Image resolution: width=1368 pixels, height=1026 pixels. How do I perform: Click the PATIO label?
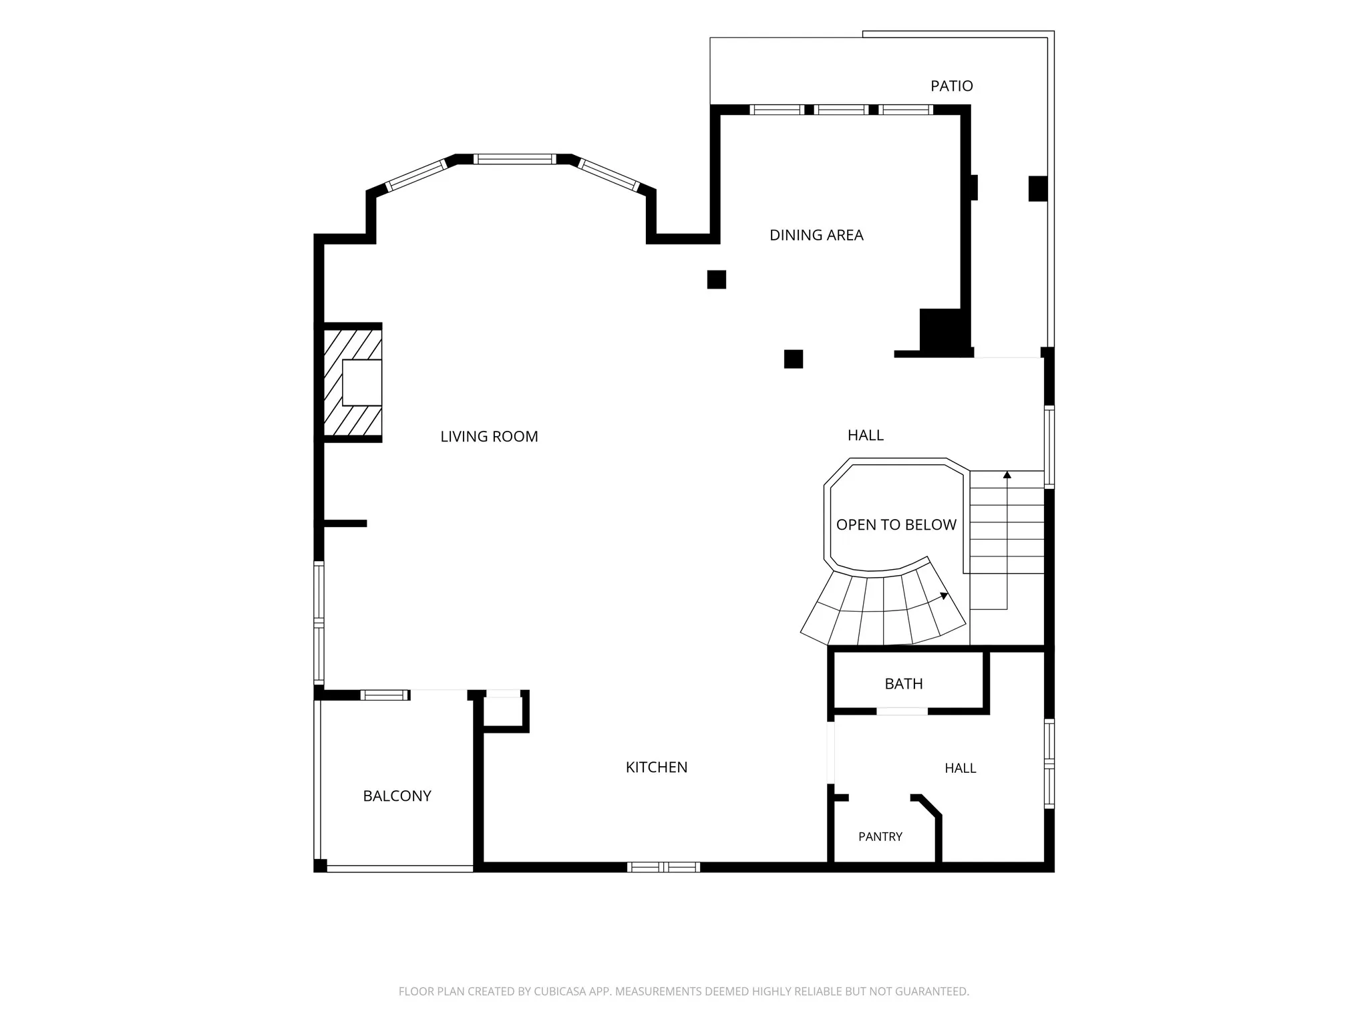[x=951, y=85]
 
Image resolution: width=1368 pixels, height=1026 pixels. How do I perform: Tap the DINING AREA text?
[x=816, y=235]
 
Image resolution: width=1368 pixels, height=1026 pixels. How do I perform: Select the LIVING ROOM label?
[x=489, y=437]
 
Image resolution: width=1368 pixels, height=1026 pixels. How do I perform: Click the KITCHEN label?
[x=657, y=767]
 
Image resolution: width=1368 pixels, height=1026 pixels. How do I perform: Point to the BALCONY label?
[x=397, y=796]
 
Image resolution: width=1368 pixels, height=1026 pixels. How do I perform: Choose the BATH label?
[x=904, y=684]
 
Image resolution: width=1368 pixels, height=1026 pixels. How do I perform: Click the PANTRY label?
[x=880, y=837]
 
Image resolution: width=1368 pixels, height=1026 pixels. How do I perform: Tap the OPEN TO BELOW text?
[x=896, y=525]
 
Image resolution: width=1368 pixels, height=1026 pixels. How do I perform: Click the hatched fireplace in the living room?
[x=353, y=382]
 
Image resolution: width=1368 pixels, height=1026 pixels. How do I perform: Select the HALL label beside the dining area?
[x=866, y=436]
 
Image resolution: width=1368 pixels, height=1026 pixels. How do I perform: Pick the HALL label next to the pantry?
[x=961, y=768]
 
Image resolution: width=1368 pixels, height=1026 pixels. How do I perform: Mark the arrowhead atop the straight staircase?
[x=1007, y=475]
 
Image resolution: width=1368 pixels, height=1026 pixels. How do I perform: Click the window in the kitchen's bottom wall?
[x=663, y=867]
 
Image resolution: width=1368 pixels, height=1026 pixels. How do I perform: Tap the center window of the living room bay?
[x=515, y=159]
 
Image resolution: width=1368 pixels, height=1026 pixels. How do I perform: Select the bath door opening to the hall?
[x=902, y=711]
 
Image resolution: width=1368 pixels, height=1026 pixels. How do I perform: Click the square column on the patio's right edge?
[x=1037, y=188]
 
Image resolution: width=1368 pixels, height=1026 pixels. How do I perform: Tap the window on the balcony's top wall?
[x=385, y=695]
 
